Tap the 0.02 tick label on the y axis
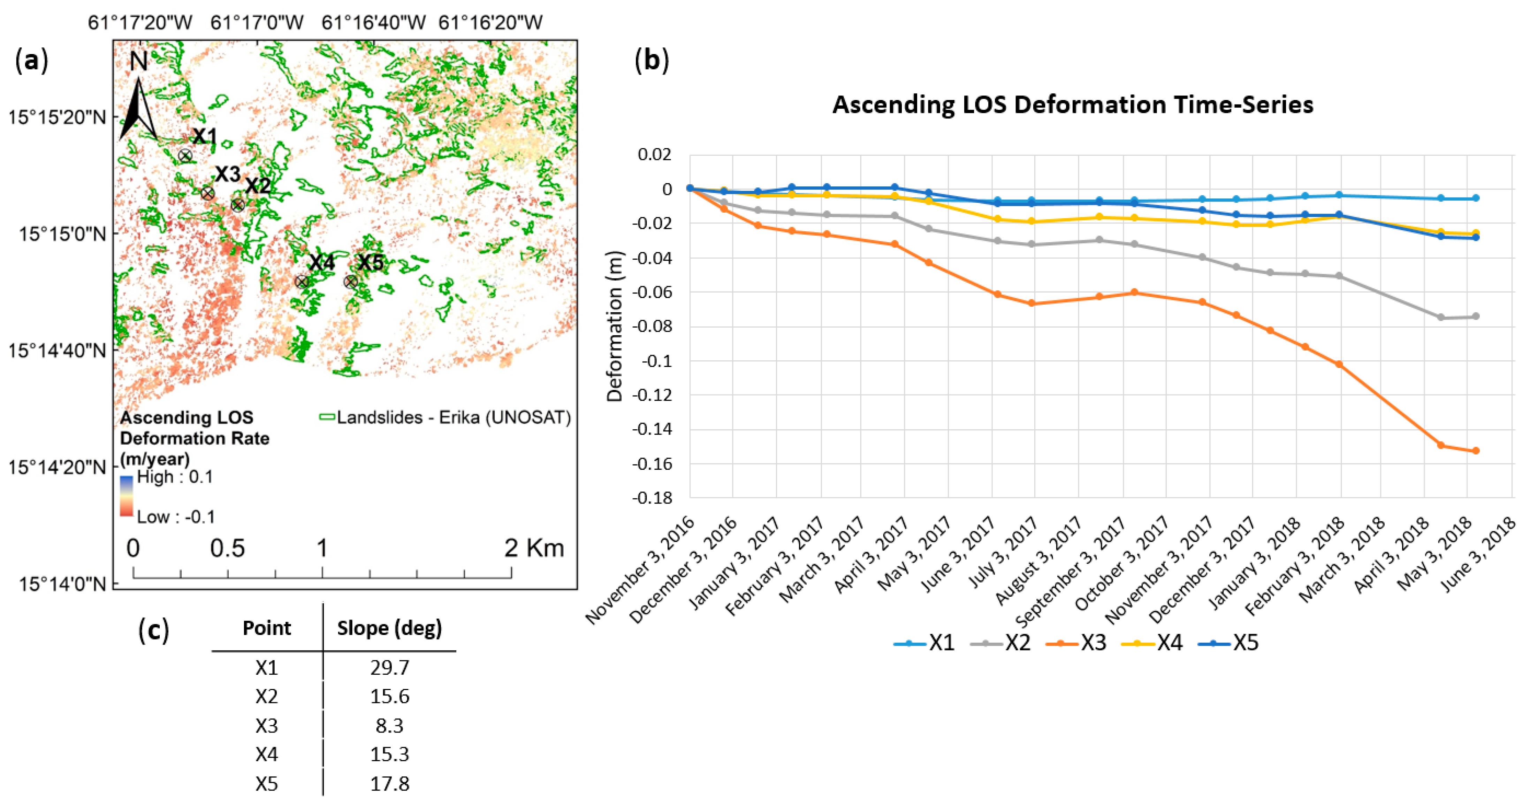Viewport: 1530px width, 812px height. coord(655,155)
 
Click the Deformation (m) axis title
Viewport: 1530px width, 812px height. coord(615,327)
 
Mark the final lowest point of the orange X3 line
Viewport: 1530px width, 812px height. coord(1475,451)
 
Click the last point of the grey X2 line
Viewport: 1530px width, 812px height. coord(1475,316)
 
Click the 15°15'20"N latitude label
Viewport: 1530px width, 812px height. coord(57,117)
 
